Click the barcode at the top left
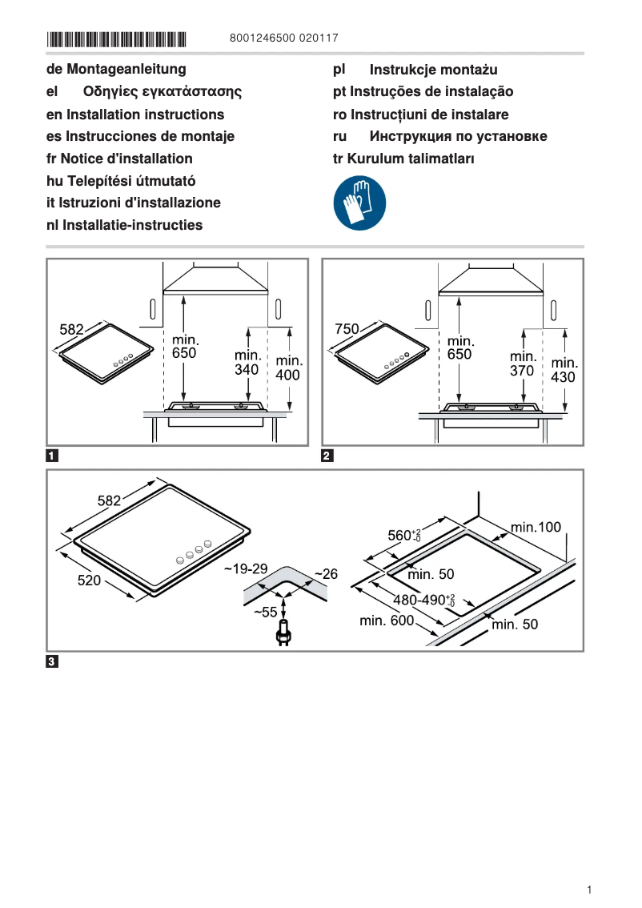pyautogui.click(x=116, y=38)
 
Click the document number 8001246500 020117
pyautogui.click(x=283, y=38)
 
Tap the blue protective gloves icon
pyautogui.click(x=359, y=203)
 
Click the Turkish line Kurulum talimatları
pyautogui.click(x=403, y=159)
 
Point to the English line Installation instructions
pyautogui.click(x=135, y=115)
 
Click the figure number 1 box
pyautogui.click(x=52, y=457)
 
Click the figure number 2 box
pyautogui.click(x=327, y=457)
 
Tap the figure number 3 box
pyautogui.click(x=52, y=661)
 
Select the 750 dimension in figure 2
pyautogui.click(x=347, y=328)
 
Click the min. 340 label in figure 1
pyautogui.click(x=247, y=362)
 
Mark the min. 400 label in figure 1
pyautogui.click(x=288, y=368)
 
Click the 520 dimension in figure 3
pyautogui.click(x=89, y=581)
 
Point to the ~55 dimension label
pyautogui.click(x=265, y=612)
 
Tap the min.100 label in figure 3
pyautogui.click(x=536, y=527)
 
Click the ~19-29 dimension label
pyautogui.click(x=245, y=569)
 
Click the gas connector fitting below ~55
pyautogui.click(x=281, y=635)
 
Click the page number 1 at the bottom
pyautogui.click(x=588, y=890)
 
